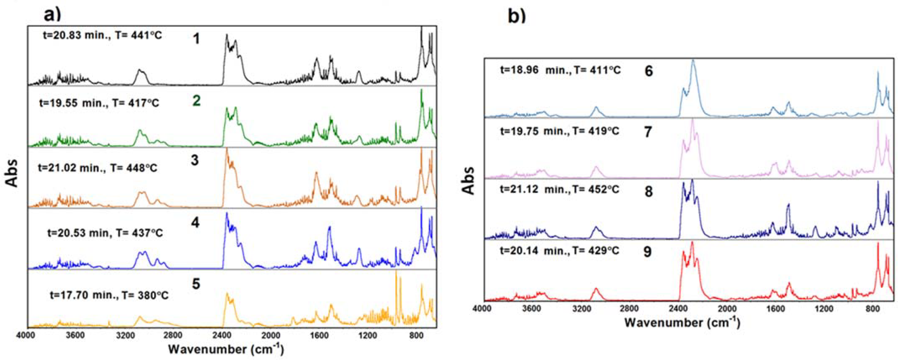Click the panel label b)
click(517, 16)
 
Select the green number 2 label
click(196, 101)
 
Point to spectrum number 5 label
click(196, 284)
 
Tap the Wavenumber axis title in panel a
click(226, 349)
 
